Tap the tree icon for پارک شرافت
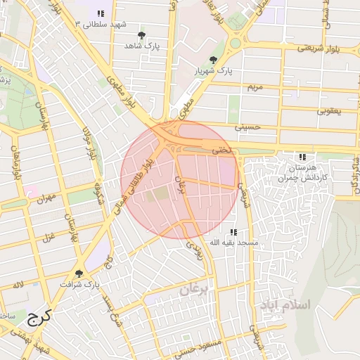tap(78, 274)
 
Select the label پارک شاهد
tap(143, 46)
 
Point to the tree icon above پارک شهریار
tap(213, 60)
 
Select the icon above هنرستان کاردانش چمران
tap(302, 157)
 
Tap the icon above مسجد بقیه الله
tap(233, 231)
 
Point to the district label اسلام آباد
tap(285, 307)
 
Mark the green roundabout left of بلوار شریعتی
tap(235, 43)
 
